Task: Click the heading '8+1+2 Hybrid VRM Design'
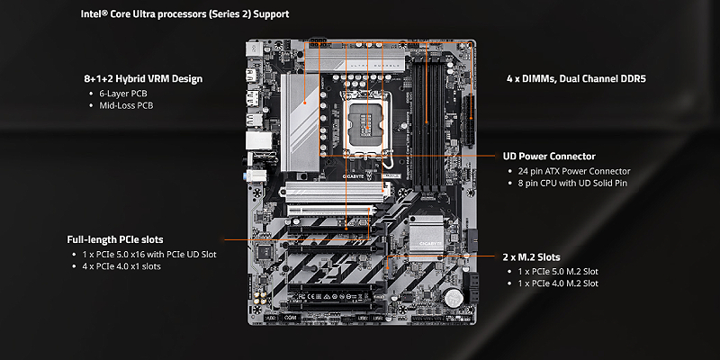(143, 78)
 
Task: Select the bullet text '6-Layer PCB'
(123, 94)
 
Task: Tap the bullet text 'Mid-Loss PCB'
(126, 105)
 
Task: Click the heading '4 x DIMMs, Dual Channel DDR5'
(576, 78)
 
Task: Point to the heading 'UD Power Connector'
(549, 156)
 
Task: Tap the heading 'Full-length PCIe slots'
(115, 239)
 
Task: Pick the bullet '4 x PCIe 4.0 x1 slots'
(121, 266)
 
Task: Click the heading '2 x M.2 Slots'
(532, 257)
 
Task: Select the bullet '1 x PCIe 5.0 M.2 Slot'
(558, 272)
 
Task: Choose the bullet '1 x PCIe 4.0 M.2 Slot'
(558, 283)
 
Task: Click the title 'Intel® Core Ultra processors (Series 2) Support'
(185, 13)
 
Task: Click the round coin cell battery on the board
(453, 298)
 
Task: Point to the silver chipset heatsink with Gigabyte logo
(426, 238)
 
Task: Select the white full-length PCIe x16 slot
(330, 211)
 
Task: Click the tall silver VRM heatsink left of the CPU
(301, 122)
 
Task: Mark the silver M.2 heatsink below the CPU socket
(334, 192)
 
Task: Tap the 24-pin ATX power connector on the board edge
(468, 121)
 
